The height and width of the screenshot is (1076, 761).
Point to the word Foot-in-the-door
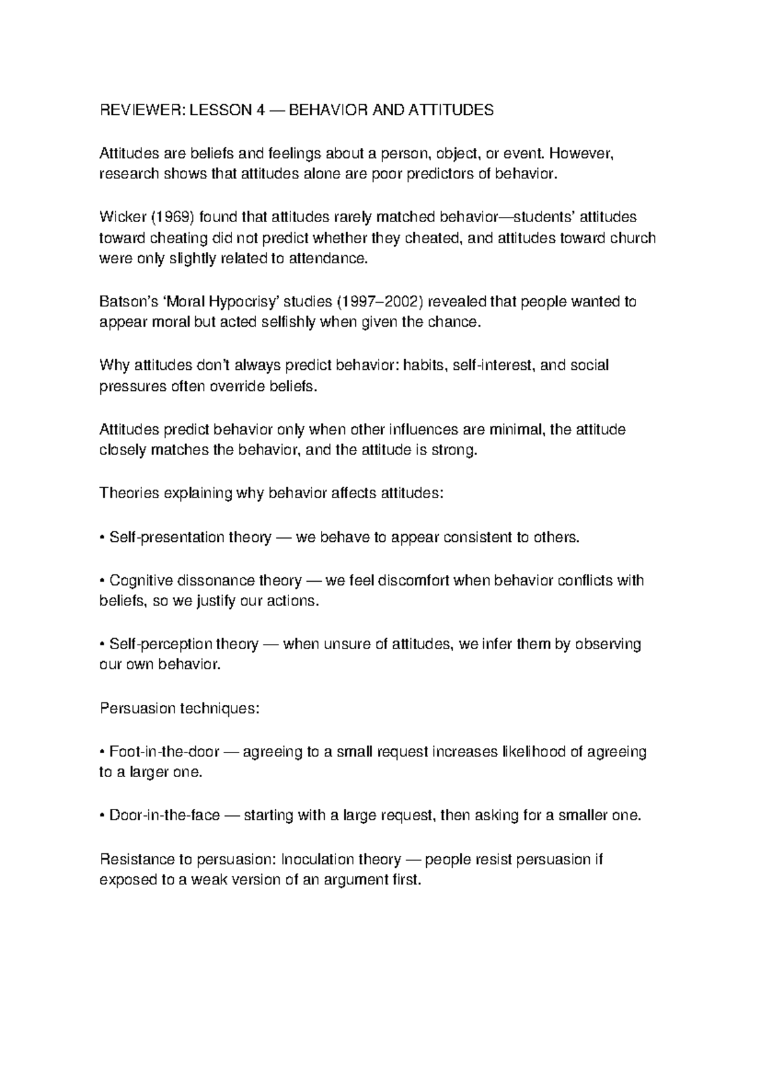click(164, 752)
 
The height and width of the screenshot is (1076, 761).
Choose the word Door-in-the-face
click(165, 815)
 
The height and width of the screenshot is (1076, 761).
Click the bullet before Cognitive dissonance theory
click(103, 581)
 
